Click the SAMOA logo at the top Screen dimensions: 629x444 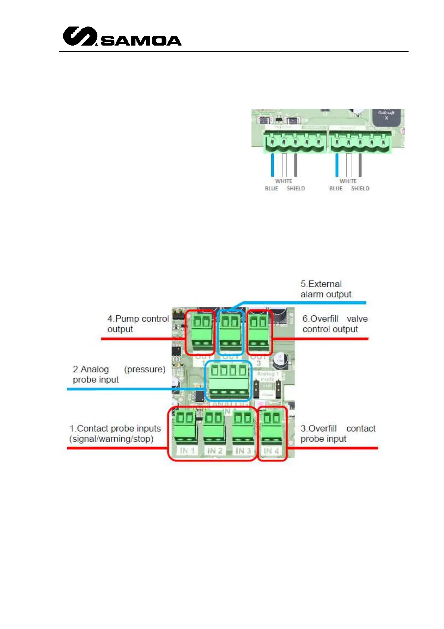click(x=122, y=37)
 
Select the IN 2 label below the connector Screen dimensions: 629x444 click(x=215, y=451)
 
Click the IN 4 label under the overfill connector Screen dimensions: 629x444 click(x=271, y=451)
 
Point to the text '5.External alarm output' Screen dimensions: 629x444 click(x=326, y=289)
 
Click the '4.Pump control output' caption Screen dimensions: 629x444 click(x=138, y=324)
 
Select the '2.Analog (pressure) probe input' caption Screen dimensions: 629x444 click(x=119, y=374)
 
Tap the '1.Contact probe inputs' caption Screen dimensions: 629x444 click(x=115, y=433)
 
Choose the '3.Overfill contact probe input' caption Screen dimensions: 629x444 click(x=338, y=433)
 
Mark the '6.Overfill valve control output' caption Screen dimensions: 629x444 click(x=335, y=324)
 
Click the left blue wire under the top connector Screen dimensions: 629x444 click(x=273, y=165)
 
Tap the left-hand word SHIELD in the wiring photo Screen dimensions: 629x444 click(x=296, y=189)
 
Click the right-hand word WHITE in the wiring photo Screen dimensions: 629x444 click(x=348, y=181)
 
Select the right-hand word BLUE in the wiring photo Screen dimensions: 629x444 click(x=336, y=189)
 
